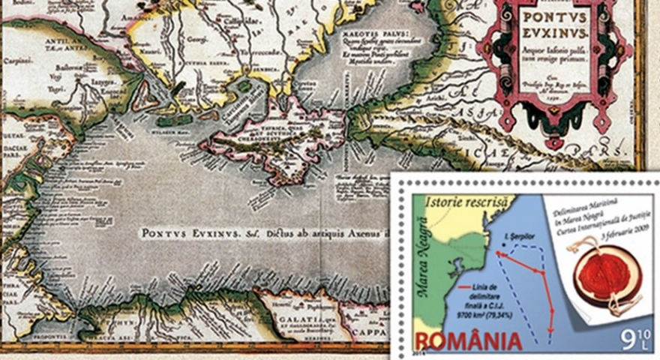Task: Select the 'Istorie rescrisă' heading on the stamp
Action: (460, 202)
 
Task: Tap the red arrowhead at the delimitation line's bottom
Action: (551, 329)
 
